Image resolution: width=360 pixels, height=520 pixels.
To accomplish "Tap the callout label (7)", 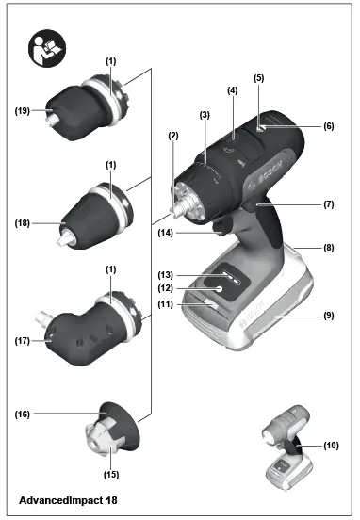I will point(327,203).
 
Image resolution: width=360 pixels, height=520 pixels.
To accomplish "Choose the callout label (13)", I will point(166,273).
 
